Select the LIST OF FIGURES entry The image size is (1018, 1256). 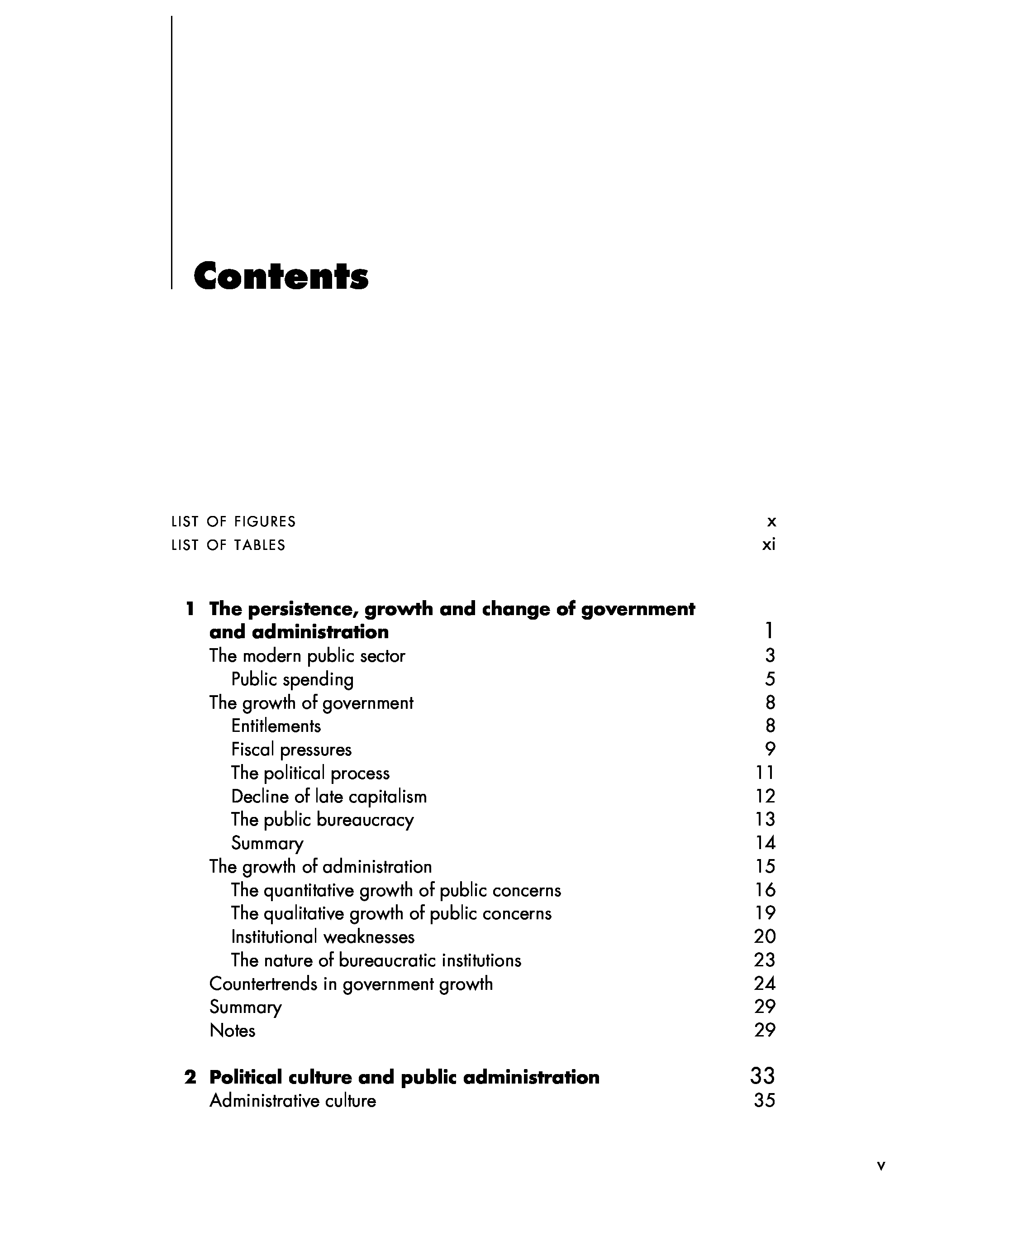[x=233, y=521]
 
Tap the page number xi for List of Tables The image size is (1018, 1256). [x=768, y=545]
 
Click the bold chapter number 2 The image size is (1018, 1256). [x=190, y=1077]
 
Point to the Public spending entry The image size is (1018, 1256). [x=292, y=679]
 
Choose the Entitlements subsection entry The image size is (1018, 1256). [x=276, y=726]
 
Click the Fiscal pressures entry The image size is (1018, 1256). [x=291, y=750]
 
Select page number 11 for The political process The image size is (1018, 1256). [x=765, y=773]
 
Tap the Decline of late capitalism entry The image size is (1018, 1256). [x=328, y=797]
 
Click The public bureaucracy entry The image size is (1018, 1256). [x=322, y=820]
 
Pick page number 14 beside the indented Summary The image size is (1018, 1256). [x=765, y=843]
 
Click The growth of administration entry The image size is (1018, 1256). [x=320, y=866]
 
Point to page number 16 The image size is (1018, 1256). [x=765, y=890]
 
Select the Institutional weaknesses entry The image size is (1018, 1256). [x=323, y=937]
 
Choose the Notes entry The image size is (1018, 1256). [x=232, y=1031]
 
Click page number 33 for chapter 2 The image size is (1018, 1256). [x=762, y=1076]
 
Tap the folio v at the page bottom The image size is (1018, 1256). [x=881, y=1165]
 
